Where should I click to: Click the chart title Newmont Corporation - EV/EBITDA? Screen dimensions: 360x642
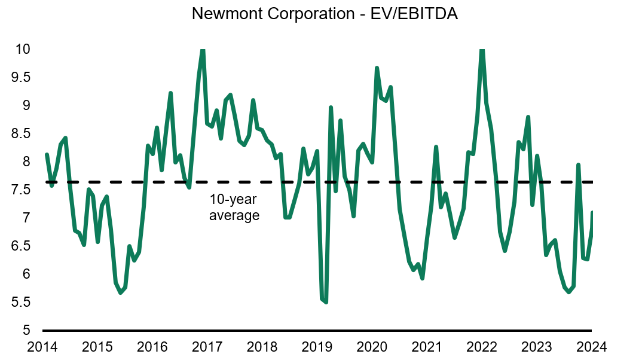point(325,14)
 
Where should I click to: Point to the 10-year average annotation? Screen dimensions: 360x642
point(234,208)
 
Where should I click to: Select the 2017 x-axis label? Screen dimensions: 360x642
point(207,346)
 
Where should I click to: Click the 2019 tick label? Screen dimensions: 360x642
point(317,346)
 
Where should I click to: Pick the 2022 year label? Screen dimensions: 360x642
point(482,346)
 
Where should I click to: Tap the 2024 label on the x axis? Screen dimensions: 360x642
point(592,346)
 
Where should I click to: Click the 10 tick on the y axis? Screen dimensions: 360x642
point(22,49)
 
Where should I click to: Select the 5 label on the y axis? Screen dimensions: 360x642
point(26,330)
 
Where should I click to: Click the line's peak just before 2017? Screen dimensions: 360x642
point(203,50)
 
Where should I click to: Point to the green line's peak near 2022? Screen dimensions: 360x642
point(482,50)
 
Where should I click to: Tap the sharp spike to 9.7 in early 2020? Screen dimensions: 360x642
point(377,68)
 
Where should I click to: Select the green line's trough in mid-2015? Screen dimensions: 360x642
point(120,292)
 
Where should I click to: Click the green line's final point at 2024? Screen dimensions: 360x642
point(592,212)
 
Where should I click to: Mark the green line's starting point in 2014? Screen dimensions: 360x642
point(47,155)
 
